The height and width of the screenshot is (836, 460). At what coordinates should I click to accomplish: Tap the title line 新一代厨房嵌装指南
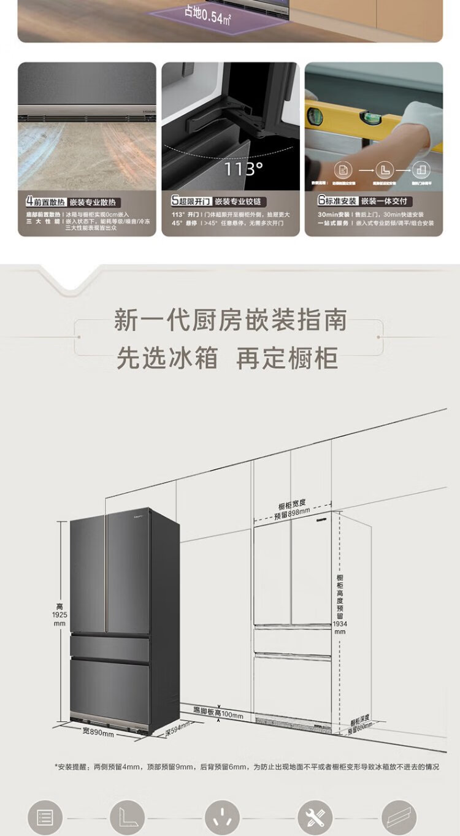pyautogui.click(x=230, y=321)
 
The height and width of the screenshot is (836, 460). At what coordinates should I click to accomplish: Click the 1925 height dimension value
pyautogui.click(x=59, y=615)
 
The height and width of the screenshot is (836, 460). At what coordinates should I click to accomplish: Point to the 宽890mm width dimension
pyautogui.click(x=98, y=732)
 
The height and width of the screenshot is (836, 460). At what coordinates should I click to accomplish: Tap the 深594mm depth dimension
pyautogui.click(x=177, y=729)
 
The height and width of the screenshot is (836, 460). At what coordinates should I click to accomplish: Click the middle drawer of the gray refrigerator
pyautogui.click(x=110, y=648)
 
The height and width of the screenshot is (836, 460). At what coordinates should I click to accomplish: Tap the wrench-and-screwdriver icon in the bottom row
pyautogui.click(x=315, y=817)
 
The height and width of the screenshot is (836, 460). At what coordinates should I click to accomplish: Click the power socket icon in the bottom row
pyautogui.click(x=222, y=817)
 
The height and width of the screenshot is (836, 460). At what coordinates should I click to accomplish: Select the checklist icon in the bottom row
pyautogui.click(x=45, y=817)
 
